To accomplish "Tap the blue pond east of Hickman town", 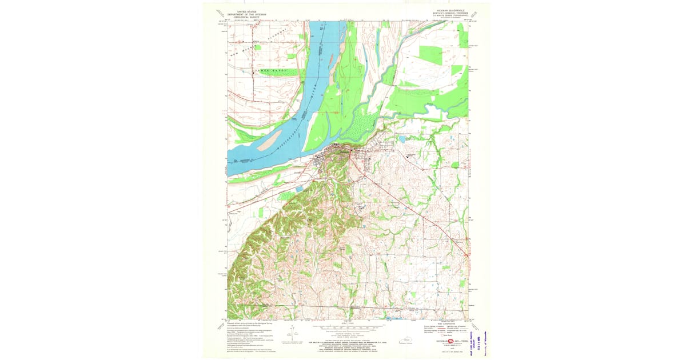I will (403, 139).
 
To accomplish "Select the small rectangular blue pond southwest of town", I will (298, 188).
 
